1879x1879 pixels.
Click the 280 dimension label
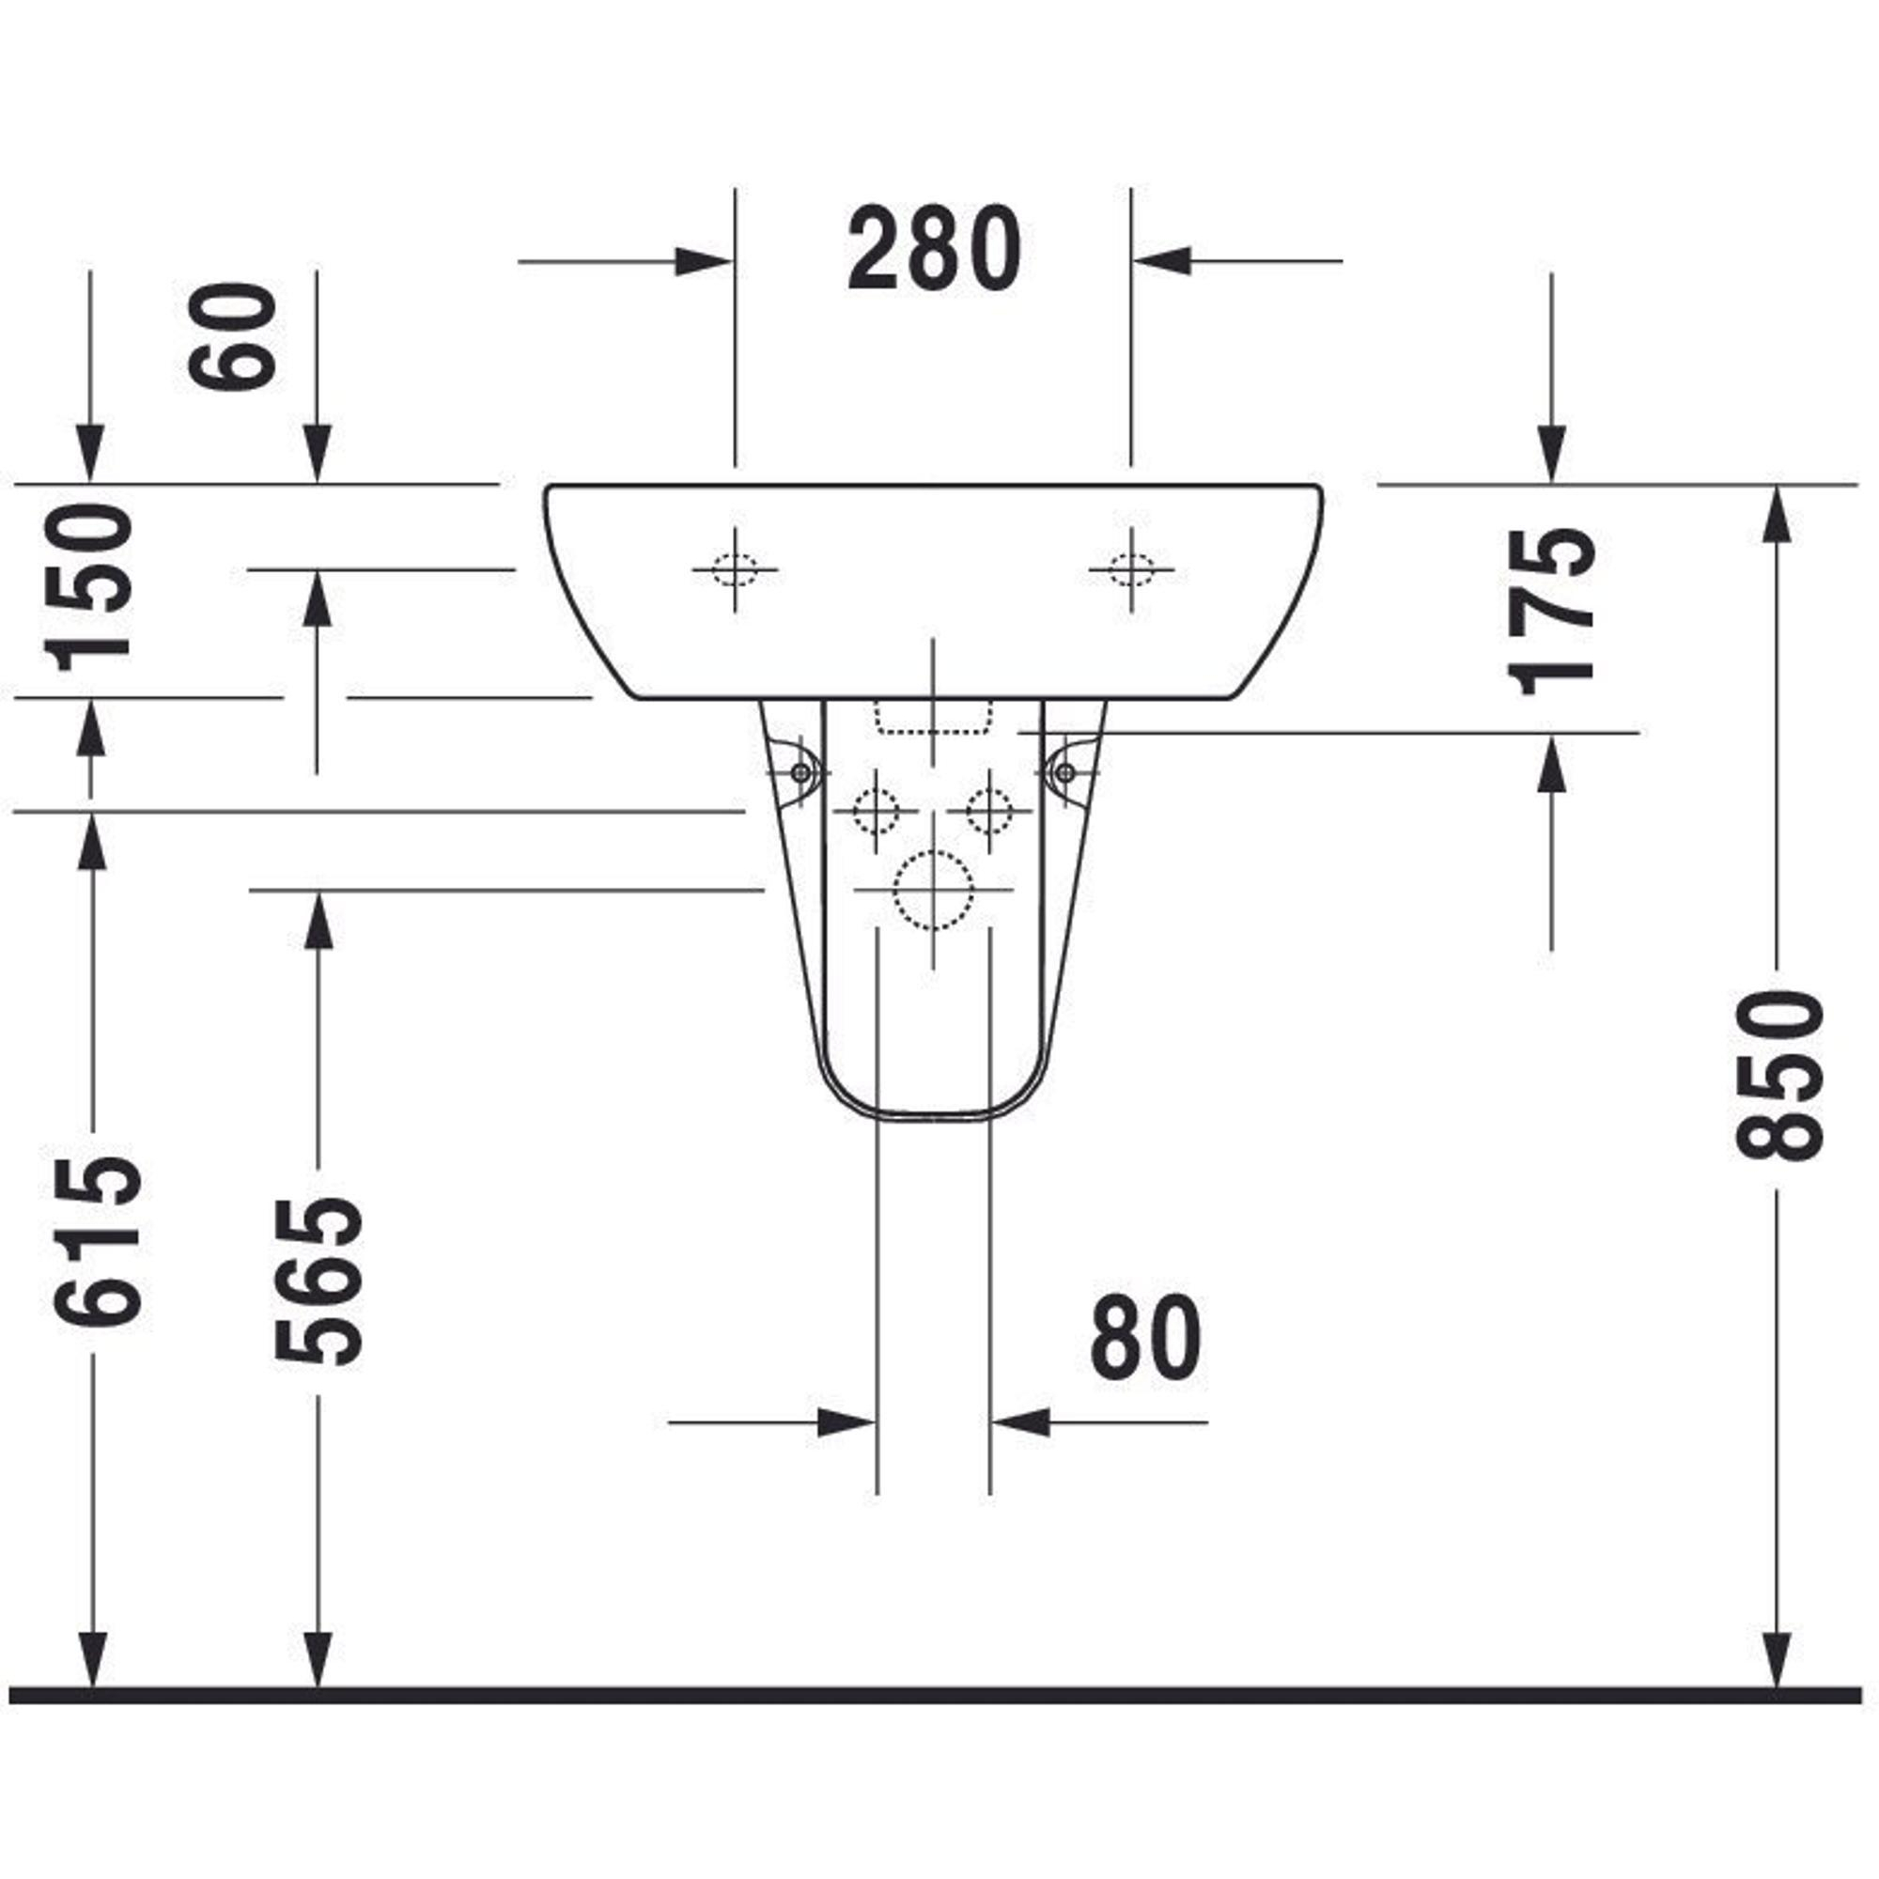pos(934,248)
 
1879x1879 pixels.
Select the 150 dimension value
pos(92,587)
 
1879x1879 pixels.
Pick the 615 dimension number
pos(98,1240)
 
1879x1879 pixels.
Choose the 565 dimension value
pos(318,1280)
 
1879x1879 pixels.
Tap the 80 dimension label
pos(1144,1336)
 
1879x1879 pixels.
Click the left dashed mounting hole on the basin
pos(735,570)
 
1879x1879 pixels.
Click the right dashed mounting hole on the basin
pos(1131,570)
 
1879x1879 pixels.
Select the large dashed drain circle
pos(933,890)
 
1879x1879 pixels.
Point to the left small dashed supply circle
pos(877,810)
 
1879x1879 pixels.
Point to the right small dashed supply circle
pos(989,810)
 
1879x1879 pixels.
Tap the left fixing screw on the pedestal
pos(800,773)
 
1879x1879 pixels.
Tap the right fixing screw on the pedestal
pos(1065,773)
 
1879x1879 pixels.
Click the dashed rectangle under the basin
pos(933,716)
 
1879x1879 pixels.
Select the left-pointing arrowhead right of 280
pos(1162,261)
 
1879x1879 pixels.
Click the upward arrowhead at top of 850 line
pos(1778,515)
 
